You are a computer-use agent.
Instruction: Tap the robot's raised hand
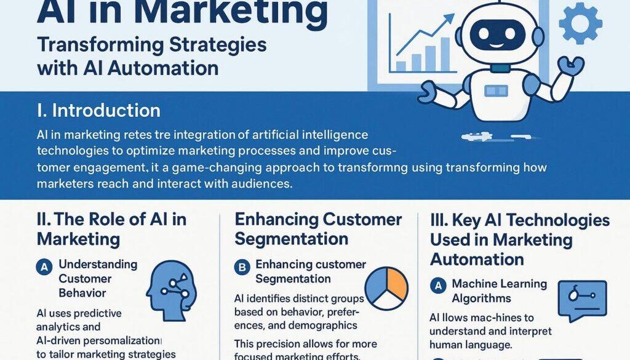click(570, 65)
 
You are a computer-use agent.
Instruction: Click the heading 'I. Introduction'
click(98, 111)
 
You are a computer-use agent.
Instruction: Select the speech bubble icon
click(581, 300)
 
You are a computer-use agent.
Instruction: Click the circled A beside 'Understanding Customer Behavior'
click(44, 266)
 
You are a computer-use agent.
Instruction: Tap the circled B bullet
click(241, 267)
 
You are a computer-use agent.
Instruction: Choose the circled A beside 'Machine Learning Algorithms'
click(437, 286)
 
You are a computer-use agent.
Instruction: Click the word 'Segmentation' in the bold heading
click(292, 239)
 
